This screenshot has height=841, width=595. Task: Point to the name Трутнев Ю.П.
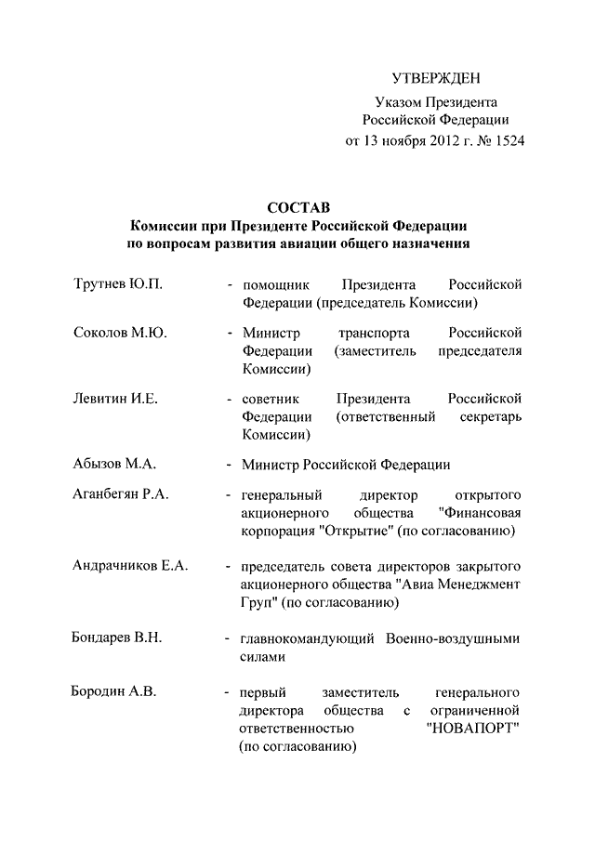[118, 283]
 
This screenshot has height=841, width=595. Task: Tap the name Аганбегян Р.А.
[121, 493]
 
